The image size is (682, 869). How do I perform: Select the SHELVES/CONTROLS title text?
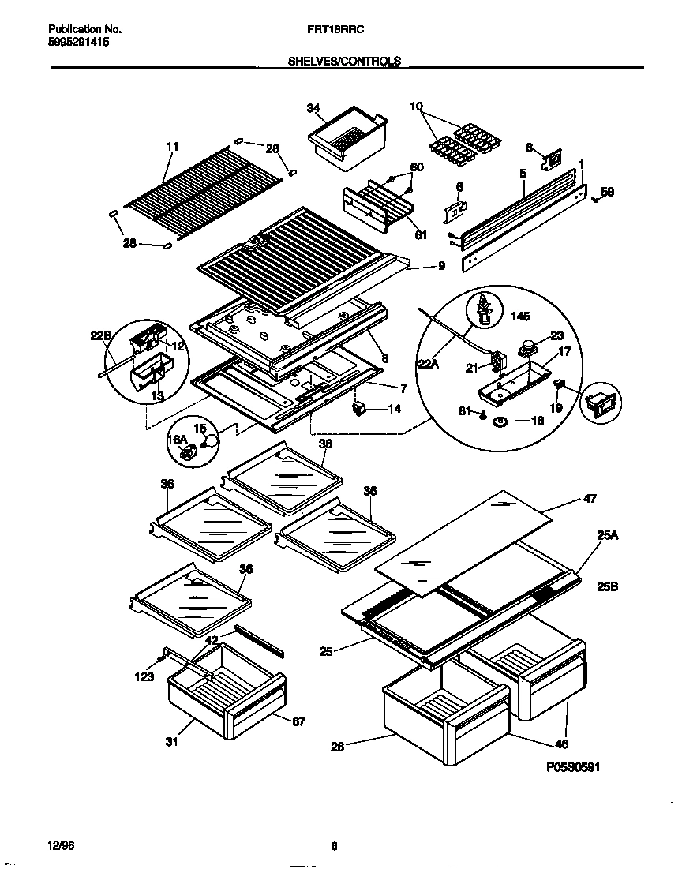click(x=345, y=61)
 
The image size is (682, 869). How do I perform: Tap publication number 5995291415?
click(x=73, y=43)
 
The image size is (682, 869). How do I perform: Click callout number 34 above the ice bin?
click(x=313, y=108)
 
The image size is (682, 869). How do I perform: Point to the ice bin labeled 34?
click(x=347, y=138)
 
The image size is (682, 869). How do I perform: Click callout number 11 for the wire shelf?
click(x=173, y=146)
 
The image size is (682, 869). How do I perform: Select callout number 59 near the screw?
click(x=606, y=190)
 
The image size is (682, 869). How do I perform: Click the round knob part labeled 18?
click(x=500, y=422)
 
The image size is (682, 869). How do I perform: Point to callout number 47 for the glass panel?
click(x=590, y=498)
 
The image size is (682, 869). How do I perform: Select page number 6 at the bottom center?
click(x=335, y=847)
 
